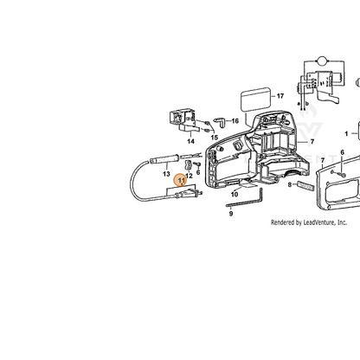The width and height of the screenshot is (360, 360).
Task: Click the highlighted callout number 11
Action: tap(181, 181)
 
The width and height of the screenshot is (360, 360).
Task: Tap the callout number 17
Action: tap(280, 96)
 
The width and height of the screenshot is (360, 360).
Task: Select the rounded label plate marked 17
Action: tap(256, 100)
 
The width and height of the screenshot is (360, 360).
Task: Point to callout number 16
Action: tap(235, 121)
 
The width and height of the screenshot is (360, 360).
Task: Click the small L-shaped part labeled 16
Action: tap(221, 121)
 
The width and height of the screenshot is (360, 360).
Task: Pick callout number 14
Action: tap(190, 141)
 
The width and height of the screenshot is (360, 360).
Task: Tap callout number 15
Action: tap(214, 138)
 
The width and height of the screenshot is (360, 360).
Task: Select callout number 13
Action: tap(166, 174)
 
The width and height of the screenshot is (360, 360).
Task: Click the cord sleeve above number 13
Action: tap(164, 159)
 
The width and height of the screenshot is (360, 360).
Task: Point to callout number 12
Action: tap(189, 176)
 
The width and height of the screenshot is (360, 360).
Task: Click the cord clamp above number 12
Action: tap(188, 165)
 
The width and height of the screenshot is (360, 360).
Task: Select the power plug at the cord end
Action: tap(188, 194)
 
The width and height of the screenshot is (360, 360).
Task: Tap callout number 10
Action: tap(235, 195)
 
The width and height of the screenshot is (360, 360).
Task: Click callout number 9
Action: tap(231, 214)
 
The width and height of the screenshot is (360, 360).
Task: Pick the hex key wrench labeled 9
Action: tap(245, 198)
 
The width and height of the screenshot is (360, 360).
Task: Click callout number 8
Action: tap(290, 184)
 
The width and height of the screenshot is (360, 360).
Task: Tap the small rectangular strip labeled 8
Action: tap(305, 186)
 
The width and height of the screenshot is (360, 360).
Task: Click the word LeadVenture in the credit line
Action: tap(319, 222)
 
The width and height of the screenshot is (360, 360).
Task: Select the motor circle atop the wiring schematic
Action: tap(322, 61)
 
